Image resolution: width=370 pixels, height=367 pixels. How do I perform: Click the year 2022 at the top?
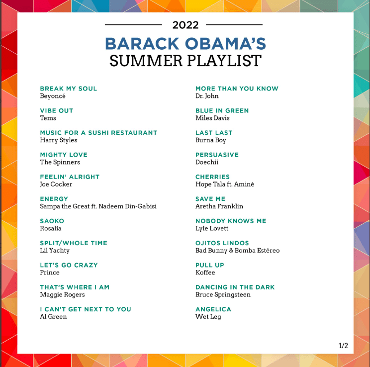click(185, 25)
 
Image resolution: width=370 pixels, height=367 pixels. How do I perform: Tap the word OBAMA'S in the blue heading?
click(225, 44)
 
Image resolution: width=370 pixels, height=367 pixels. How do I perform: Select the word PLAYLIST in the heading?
click(224, 61)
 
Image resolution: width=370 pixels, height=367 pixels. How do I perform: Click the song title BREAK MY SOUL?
click(69, 89)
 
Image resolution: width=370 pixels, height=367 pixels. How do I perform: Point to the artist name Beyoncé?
click(53, 96)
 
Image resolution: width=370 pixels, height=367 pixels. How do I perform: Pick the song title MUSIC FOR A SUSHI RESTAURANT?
click(98, 133)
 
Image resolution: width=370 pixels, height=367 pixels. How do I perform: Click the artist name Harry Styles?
click(59, 140)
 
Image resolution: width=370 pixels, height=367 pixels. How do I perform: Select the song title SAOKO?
click(52, 221)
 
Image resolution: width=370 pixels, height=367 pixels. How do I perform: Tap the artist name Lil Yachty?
click(55, 251)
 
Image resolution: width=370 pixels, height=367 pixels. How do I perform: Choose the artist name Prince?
click(50, 273)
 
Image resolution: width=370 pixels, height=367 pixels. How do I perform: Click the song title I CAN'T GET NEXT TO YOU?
click(86, 309)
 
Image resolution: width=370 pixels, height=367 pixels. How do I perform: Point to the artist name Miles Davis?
click(212, 118)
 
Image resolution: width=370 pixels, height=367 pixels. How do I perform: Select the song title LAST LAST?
click(214, 133)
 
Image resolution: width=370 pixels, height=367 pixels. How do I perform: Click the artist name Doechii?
click(207, 162)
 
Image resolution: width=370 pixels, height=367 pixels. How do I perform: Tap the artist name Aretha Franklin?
click(219, 206)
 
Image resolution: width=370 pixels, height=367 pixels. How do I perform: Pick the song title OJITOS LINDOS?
click(222, 243)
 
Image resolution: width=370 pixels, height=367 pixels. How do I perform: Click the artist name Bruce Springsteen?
click(223, 295)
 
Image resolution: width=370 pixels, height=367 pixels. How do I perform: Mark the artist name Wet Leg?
click(208, 317)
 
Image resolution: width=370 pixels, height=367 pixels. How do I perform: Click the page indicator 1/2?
click(343, 346)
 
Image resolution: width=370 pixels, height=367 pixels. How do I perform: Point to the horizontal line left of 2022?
click(133, 24)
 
